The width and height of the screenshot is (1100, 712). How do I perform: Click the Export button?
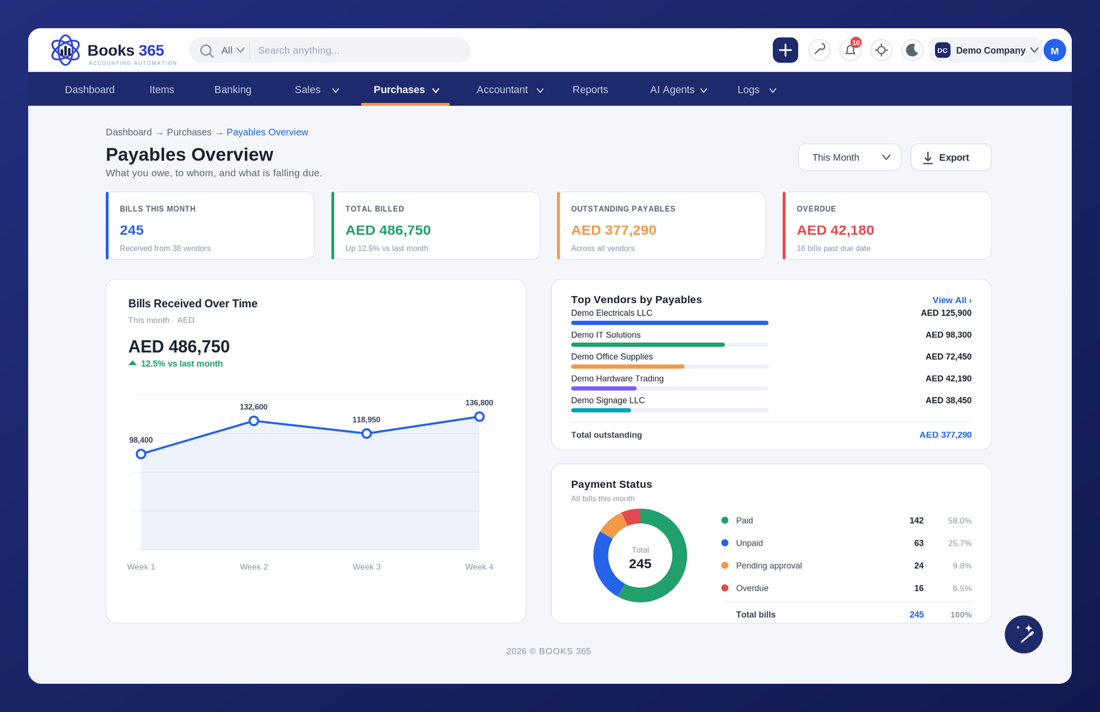click(x=951, y=157)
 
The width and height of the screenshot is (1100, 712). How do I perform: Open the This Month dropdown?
click(x=849, y=157)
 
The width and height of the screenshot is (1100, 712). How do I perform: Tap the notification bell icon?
click(x=850, y=50)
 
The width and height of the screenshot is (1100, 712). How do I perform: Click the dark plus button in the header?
click(x=785, y=50)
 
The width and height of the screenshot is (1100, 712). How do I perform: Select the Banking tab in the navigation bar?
click(x=233, y=89)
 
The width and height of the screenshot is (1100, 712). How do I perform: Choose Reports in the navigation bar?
click(x=591, y=89)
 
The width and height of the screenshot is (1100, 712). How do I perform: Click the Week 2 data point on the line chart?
click(x=254, y=421)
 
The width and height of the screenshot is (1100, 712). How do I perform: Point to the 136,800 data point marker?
click(x=479, y=416)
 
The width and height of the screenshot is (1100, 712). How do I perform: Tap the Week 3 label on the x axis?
click(x=366, y=567)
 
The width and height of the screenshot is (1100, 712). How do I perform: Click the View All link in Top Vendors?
click(x=951, y=300)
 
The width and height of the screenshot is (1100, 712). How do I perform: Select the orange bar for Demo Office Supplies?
click(x=628, y=366)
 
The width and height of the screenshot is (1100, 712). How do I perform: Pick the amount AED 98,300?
click(x=948, y=335)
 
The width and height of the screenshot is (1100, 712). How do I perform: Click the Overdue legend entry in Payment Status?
click(x=752, y=588)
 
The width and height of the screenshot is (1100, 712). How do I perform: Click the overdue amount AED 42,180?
click(x=835, y=230)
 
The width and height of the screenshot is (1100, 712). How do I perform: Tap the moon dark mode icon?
click(x=912, y=50)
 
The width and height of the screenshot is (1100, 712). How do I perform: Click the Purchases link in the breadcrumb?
click(x=189, y=132)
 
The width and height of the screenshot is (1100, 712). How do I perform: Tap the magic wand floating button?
click(x=1024, y=634)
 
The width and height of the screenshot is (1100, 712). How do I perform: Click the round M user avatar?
click(x=1055, y=50)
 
